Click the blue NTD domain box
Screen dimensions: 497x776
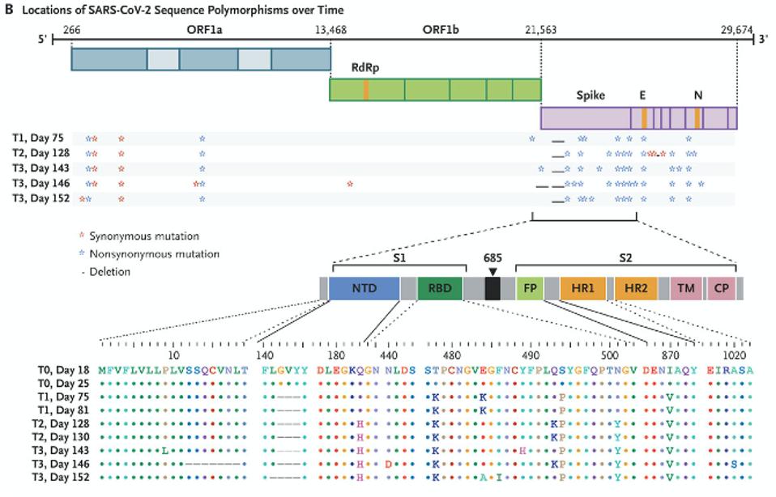click(364, 289)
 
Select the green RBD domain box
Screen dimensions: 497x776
click(440, 289)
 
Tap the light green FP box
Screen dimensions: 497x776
click(529, 289)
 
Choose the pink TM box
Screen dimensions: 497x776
click(685, 289)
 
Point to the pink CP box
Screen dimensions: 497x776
click(719, 289)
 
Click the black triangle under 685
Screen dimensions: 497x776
click(492, 272)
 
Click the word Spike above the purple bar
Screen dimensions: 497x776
click(590, 96)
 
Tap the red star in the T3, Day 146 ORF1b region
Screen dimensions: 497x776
click(349, 184)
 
